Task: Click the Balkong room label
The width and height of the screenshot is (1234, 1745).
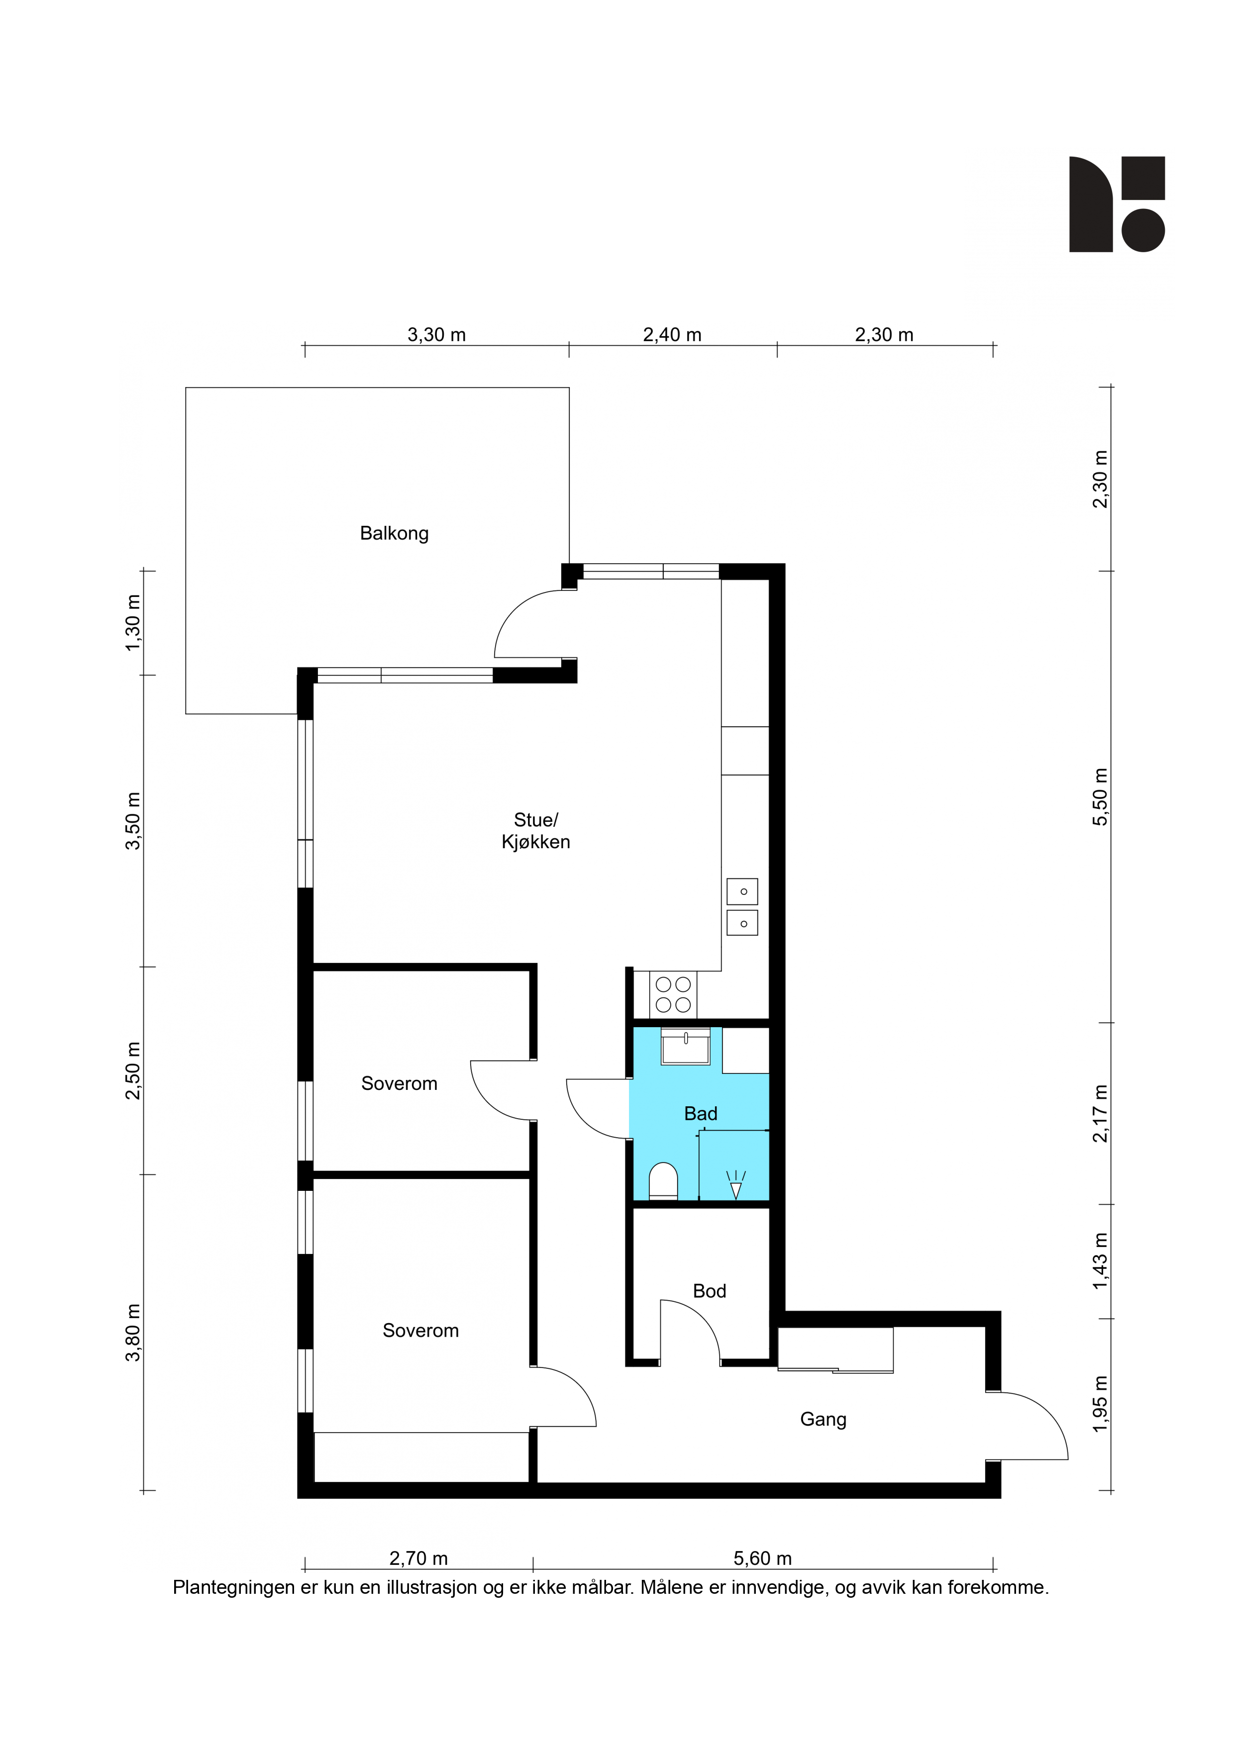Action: pyautogui.click(x=394, y=534)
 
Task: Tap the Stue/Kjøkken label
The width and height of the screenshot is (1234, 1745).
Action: pyautogui.click(x=536, y=831)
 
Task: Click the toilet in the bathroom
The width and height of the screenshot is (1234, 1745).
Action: pyautogui.click(x=663, y=1182)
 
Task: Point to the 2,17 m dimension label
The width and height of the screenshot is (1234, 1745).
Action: pyautogui.click(x=1100, y=1113)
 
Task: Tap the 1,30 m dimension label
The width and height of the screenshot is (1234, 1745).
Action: pyautogui.click(x=133, y=622)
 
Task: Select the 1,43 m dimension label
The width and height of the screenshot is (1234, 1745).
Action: pyautogui.click(x=1100, y=1261)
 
